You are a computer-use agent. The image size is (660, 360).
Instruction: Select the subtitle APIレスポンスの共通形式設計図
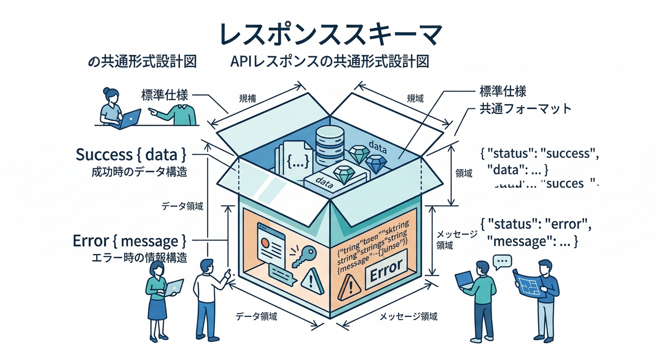pyautogui.click(x=330, y=62)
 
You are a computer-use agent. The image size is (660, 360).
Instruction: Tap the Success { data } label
pyautogui.click(x=131, y=154)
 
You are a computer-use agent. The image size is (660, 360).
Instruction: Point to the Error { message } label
pyautogui.click(x=129, y=241)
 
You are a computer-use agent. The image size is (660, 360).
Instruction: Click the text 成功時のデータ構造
pyautogui.click(x=140, y=172)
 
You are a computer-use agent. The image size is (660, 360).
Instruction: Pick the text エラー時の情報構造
pyautogui.click(x=139, y=258)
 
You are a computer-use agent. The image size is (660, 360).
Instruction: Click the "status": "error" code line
pyautogui.click(x=536, y=225)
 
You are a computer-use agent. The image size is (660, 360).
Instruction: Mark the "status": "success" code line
pyautogui.click(x=540, y=154)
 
